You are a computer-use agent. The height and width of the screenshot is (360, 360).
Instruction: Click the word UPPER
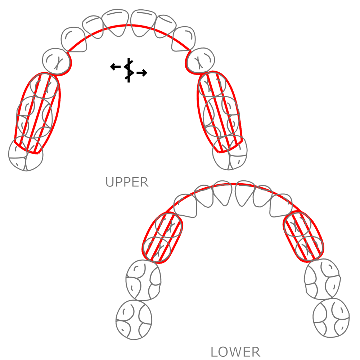(x=127, y=182)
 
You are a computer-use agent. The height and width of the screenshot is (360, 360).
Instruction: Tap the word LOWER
(x=235, y=351)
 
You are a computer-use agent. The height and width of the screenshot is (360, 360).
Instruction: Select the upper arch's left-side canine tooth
(x=57, y=60)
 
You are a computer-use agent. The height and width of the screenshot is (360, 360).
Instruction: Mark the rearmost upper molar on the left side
(x=25, y=155)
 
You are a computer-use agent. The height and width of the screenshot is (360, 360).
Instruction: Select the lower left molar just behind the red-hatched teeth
(x=143, y=279)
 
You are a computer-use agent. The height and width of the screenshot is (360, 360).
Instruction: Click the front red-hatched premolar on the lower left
(x=168, y=225)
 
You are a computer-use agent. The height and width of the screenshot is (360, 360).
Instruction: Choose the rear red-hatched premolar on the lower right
(x=308, y=247)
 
